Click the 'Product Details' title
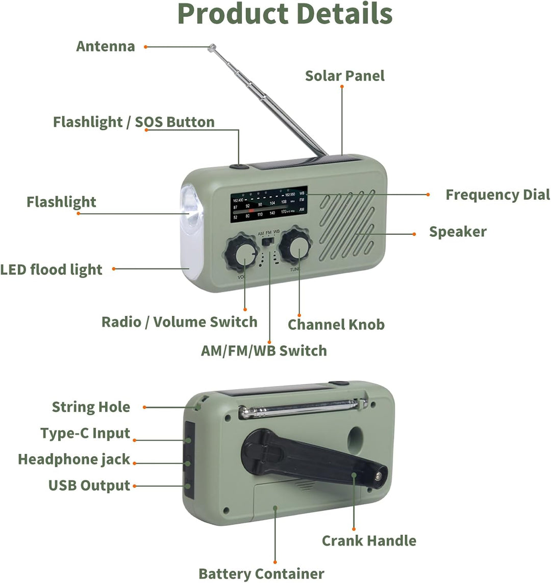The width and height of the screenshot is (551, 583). point(285,14)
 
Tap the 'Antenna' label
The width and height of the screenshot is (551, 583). point(106,46)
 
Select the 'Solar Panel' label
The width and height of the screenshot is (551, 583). point(344,76)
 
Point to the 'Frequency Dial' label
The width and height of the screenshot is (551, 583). point(497,195)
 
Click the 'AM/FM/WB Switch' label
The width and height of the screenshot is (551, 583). point(264,351)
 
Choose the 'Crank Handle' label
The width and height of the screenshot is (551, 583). point(369,541)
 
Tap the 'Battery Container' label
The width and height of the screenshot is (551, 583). point(261,574)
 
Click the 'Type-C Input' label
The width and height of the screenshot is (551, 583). point(85,433)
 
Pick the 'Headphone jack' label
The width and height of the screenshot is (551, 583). point(74,459)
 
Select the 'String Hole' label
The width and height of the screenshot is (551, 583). point(91,407)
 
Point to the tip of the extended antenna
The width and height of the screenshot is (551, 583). point(211,47)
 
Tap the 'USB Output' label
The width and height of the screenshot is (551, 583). point(89,485)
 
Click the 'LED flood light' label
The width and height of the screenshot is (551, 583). point(51,270)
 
